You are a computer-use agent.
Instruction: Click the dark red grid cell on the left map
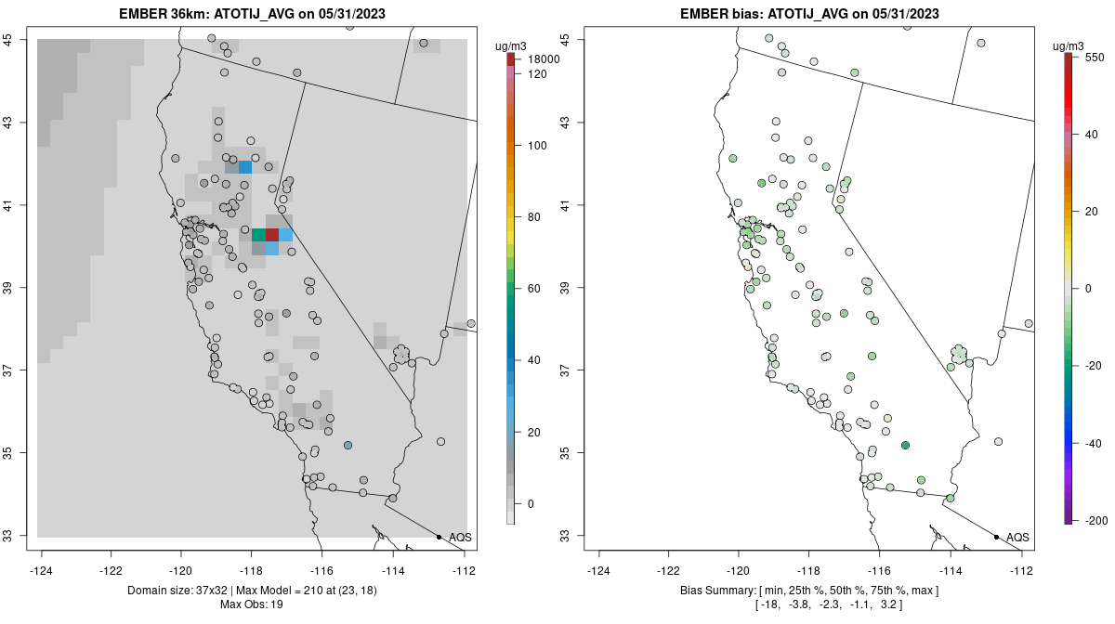pyautogui.click(x=272, y=235)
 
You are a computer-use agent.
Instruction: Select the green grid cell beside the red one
pyautogui.click(x=258, y=235)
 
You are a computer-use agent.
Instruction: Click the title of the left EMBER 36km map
pyautogui.click(x=251, y=14)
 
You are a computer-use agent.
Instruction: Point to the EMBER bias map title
pyautogui.click(x=809, y=14)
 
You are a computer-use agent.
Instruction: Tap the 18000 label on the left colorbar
pyautogui.click(x=544, y=59)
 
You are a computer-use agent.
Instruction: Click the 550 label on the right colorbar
pyautogui.click(x=1095, y=57)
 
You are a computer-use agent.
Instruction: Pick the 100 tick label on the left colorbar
pyautogui.click(x=538, y=146)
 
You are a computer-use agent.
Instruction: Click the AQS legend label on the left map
pyautogui.click(x=460, y=537)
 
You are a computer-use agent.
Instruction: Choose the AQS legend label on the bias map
pyautogui.click(x=1017, y=537)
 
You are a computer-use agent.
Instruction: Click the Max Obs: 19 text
pyautogui.click(x=251, y=604)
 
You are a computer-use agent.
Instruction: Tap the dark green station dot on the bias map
pyautogui.click(x=904, y=446)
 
